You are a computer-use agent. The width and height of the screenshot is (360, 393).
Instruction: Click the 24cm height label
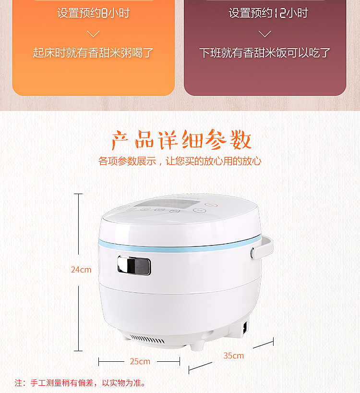[81, 270]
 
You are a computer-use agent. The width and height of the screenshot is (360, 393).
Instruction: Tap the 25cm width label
[140, 361]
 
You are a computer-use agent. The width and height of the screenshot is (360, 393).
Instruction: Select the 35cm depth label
[234, 356]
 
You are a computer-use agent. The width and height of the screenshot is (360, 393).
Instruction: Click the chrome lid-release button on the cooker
[134, 265]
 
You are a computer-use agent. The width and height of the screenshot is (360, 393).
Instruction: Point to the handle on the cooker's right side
[263, 248]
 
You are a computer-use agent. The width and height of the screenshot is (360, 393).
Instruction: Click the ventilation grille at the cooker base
[147, 339]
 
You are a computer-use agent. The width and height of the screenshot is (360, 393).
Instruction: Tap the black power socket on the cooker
[245, 328]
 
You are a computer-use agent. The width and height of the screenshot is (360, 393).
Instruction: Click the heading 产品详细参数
[181, 140]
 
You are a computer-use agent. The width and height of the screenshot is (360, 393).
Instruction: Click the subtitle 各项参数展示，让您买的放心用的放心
[180, 161]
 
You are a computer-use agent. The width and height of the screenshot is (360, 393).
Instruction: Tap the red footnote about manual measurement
[80, 383]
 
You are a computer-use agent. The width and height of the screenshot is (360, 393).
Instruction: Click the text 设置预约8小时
[93, 13]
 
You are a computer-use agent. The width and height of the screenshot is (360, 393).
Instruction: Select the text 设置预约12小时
[268, 13]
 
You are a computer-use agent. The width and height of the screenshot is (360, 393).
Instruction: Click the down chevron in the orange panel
[93, 34]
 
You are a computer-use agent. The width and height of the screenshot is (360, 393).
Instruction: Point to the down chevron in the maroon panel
[264, 34]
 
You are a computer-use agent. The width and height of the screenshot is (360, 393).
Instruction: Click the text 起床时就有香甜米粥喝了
[93, 53]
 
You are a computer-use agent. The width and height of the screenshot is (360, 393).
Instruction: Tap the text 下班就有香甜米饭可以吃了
[265, 53]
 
